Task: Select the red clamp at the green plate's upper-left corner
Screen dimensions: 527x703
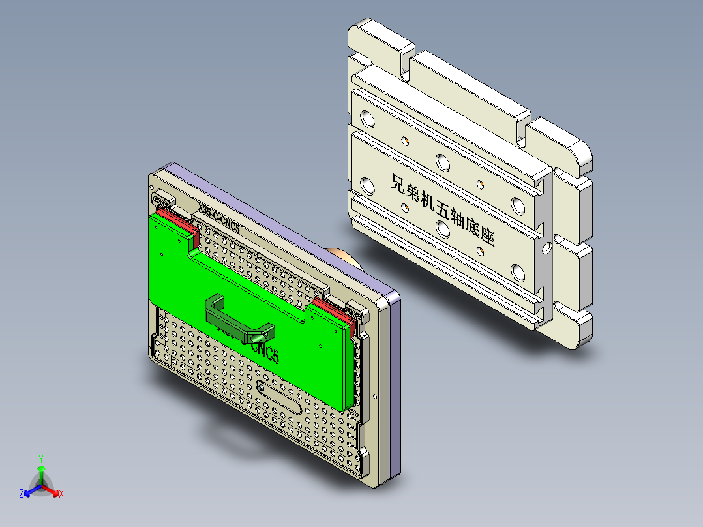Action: point(175,219)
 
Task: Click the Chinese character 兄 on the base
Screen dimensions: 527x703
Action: point(399,184)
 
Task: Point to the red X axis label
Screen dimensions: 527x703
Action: point(61,494)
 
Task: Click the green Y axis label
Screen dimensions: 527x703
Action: point(40,459)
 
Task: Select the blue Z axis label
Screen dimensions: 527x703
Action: point(22,494)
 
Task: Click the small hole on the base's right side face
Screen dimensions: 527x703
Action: point(546,248)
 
